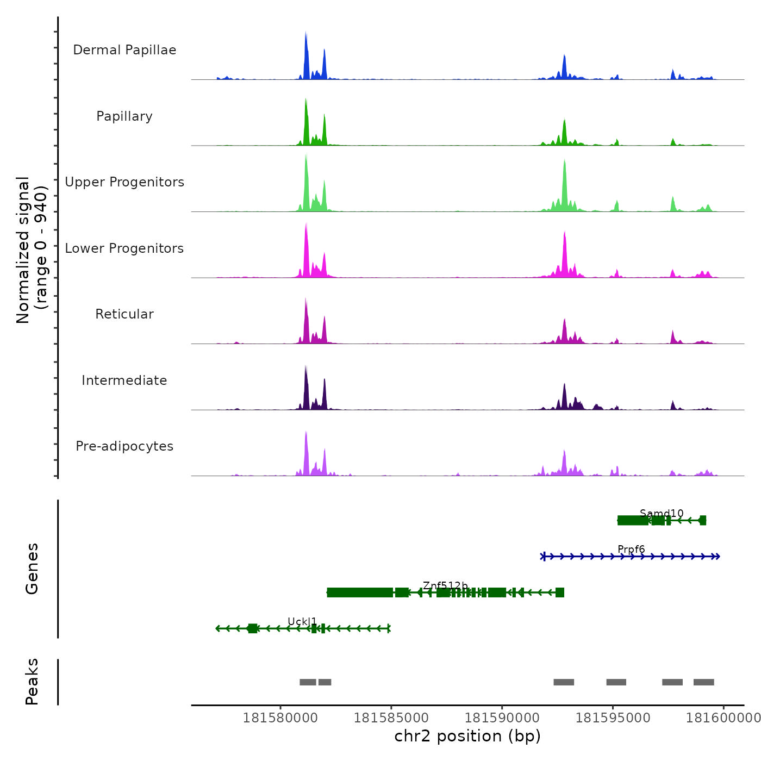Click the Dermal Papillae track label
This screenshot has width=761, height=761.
(x=124, y=50)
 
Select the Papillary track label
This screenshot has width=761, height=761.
(x=124, y=116)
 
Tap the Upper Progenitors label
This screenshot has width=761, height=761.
(x=124, y=182)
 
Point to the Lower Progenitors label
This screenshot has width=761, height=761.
(x=124, y=248)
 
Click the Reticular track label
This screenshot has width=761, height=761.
(x=124, y=314)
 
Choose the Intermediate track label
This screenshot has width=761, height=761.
(x=124, y=380)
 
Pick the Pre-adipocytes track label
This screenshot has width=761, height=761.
(x=124, y=446)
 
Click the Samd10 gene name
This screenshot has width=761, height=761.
(x=662, y=513)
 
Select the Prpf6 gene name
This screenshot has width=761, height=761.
(x=631, y=550)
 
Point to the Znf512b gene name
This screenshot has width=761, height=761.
(x=445, y=585)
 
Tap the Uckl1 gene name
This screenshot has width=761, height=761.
(x=302, y=621)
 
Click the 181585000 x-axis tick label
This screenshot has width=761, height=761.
(x=391, y=718)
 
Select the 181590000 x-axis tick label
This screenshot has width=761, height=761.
(x=502, y=718)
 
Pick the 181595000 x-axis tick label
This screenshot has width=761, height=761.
(x=613, y=718)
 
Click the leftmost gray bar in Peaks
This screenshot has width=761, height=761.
(x=308, y=682)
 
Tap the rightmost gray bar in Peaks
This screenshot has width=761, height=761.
(x=703, y=682)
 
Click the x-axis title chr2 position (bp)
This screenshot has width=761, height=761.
(x=467, y=736)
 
